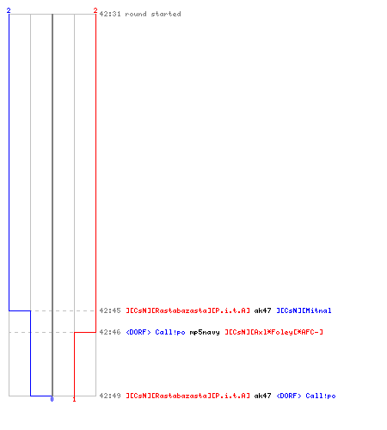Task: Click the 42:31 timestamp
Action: [x=110, y=14]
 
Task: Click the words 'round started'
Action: [x=153, y=14]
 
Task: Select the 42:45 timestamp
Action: [x=110, y=310]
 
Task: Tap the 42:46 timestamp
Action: [x=110, y=332]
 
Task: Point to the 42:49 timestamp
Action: [x=110, y=396]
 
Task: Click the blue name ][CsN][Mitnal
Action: [x=304, y=310]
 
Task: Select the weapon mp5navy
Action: [x=205, y=332]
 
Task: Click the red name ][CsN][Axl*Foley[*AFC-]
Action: [x=273, y=332]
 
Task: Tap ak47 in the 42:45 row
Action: [x=262, y=310]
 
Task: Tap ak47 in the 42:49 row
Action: [x=262, y=396]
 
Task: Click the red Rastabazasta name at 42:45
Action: [x=188, y=310]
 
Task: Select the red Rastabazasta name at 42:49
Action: [x=188, y=396]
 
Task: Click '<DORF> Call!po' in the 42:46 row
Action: [x=156, y=332]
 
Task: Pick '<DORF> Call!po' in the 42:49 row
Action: [x=306, y=396]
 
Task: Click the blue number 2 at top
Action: [x=9, y=10]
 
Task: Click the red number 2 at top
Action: [x=95, y=10]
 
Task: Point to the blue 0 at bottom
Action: [x=52, y=399]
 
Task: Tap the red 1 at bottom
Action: [x=74, y=399]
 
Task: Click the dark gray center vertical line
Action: [x=52, y=205]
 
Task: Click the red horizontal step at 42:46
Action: [x=85, y=332]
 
